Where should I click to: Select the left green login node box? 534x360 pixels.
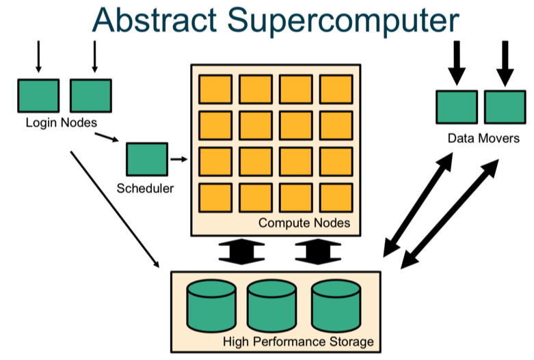pyautogui.click(x=38, y=95)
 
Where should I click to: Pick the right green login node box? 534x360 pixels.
pyautogui.click(x=90, y=95)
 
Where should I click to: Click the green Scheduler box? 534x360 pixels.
pyautogui.click(x=146, y=159)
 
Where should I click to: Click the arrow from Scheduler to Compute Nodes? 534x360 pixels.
pyautogui.click(x=178, y=159)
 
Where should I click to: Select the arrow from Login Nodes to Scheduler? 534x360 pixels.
pyautogui.click(x=107, y=139)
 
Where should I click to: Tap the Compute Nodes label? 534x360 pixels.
pyautogui.click(x=304, y=223)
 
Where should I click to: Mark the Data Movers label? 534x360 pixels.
pyautogui.click(x=483, y=138)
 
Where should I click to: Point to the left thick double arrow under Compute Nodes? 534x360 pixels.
pyautogui.click(x=241, y=251)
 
